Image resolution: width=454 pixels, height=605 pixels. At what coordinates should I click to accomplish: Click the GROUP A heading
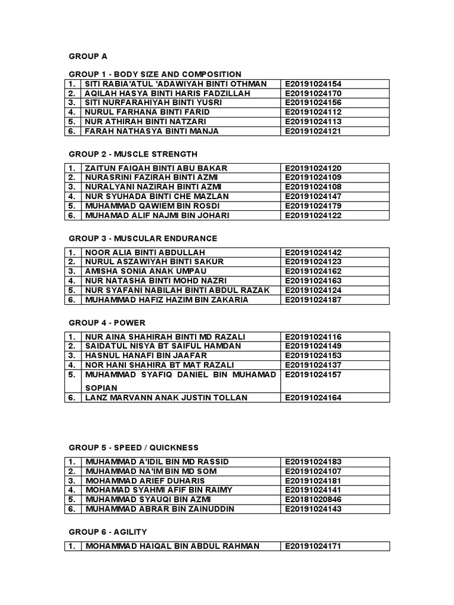(88, 56)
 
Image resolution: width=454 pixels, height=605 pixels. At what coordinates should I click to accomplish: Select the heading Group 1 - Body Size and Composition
(155, 74)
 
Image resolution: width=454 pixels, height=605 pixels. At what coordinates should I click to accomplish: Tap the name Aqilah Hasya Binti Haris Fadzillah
(168, 93)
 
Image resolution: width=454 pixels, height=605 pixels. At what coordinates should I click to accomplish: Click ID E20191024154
(313, 84)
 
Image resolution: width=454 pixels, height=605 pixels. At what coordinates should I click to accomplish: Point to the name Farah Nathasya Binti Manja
(152, 131)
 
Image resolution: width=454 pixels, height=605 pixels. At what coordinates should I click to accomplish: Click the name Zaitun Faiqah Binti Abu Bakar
(157, 168)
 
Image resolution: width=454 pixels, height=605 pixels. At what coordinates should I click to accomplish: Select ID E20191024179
(313, 206)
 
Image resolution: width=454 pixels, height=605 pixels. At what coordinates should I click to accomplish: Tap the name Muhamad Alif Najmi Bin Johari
(157, 215)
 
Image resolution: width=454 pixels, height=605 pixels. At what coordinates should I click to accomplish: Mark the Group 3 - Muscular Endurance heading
(143, 238)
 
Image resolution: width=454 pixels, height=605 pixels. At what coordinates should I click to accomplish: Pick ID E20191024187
(313, 300)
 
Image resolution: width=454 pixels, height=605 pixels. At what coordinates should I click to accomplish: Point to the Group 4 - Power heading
(107, 323)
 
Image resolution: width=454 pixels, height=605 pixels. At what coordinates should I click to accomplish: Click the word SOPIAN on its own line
(101, 388)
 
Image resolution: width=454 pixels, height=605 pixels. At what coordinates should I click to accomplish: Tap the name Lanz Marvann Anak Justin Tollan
(167, 398)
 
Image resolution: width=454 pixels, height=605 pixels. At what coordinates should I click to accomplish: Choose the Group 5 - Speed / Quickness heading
(134, 447)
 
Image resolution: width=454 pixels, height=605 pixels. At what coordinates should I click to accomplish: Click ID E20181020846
(313, 499)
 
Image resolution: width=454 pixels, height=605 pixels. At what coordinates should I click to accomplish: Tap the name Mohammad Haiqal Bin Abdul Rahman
(173, 546)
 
